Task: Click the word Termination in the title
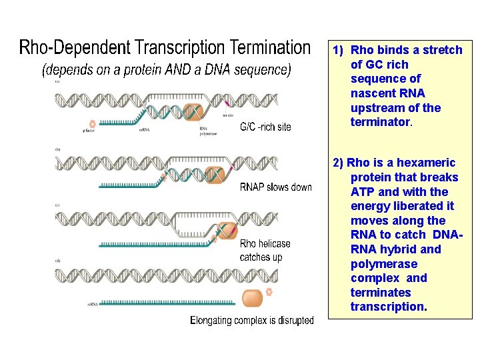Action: (269, 48)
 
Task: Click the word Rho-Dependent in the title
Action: (75, 48)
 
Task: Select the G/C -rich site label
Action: (265, 127)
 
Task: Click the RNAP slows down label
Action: (275, 187)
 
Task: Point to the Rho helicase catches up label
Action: (265, 250)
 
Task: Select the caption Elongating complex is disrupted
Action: (251, 321)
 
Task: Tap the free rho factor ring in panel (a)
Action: (93, 123)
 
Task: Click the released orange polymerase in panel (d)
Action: (252, 298)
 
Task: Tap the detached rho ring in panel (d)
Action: (269, 291)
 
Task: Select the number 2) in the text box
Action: (338, 163)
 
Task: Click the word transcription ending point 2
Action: (387, 307)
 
